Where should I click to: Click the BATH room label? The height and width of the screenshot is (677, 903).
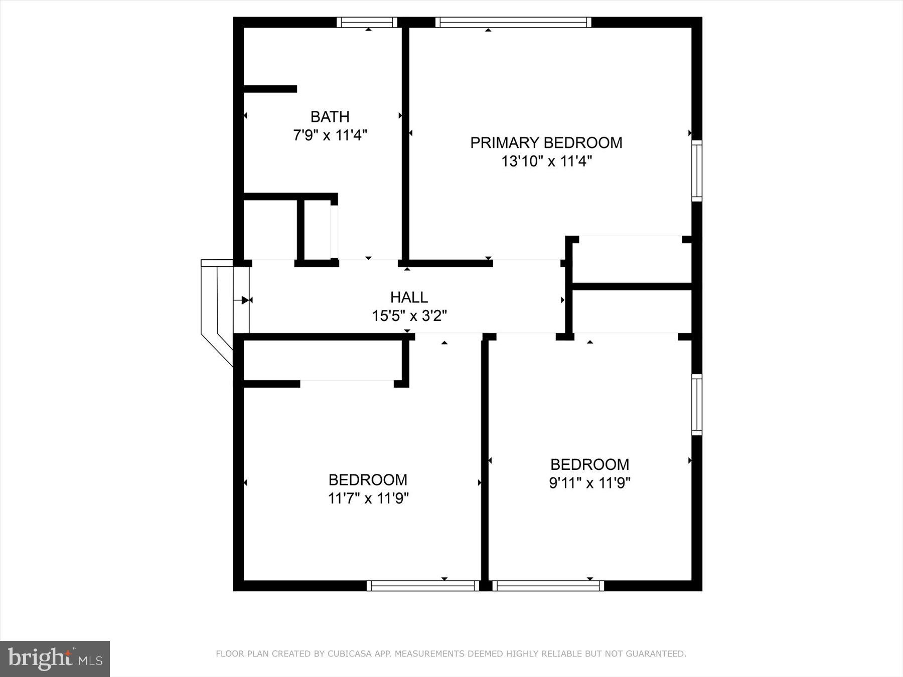pyautogui.click(x=330, y=117)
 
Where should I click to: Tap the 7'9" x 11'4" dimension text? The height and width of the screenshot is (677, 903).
pyautogui.click(x=330, y=135)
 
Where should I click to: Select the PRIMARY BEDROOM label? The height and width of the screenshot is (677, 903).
pyautogui.click(x=546, y=143)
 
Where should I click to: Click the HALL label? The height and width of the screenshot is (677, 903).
pyautogui.click(x=409, y=297)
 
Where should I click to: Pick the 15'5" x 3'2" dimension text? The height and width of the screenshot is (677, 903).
pyautogui.click(x=409, y=316)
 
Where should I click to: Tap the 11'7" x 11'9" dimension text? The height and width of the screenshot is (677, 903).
pyautogui.click(x=368, y=498)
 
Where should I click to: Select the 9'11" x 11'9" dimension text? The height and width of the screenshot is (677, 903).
pyautogui.click(x=589, y=483)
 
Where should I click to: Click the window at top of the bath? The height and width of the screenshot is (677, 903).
pyautogui.click(x=367, y=22)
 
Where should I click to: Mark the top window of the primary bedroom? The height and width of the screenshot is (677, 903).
pyautogui.click(x=513, y=22)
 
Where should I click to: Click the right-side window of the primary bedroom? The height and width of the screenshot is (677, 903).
pyautogui.click(x=696, y=171)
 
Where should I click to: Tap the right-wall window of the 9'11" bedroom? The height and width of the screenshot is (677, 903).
pyautogui.click(x=696, y=404)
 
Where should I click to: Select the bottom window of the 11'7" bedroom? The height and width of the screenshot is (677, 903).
pyautogui.click(x=423, y=585)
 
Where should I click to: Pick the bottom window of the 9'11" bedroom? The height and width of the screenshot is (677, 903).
pyautogui.click(x=548, y=585)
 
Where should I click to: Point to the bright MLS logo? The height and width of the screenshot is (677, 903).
pyautogui.click(x=55, y=658)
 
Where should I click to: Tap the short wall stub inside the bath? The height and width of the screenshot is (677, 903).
pyautogui.click(x=270, y=89)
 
